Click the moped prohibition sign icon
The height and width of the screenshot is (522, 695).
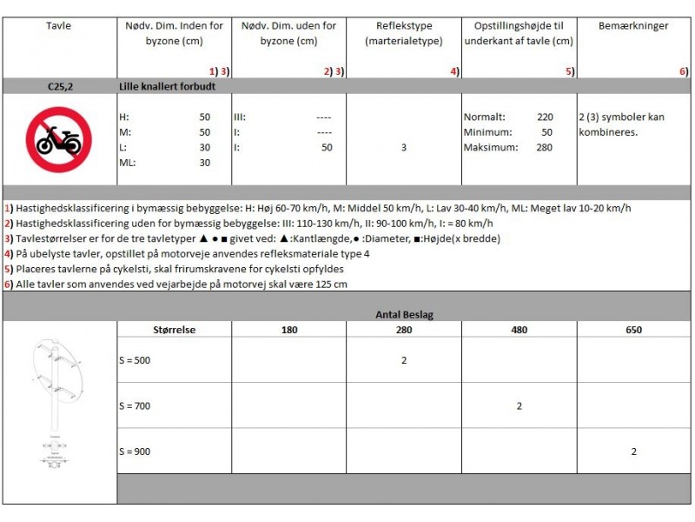click(59, 139)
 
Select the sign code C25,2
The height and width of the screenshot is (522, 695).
click(59, 87)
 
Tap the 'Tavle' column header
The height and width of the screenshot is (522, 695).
click(59, 26)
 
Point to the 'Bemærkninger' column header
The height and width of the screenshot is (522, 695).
click(633, 26)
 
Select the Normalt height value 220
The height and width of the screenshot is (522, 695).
click(545, 117)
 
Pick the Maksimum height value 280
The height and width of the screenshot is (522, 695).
click(545, 147)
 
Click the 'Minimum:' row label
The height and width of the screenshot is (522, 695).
click(487, 132)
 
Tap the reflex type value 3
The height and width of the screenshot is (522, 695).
click(404, 148)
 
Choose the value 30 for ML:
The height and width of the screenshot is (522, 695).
click(205, 163)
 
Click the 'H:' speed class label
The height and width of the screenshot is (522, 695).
click(123, 117)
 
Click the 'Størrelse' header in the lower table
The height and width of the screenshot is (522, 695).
click(174, 330)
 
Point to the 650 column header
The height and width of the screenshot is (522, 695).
click(633, 330)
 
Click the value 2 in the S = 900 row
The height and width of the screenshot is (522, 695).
click(634, 452)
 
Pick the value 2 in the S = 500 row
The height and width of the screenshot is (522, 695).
click(404, 360)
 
